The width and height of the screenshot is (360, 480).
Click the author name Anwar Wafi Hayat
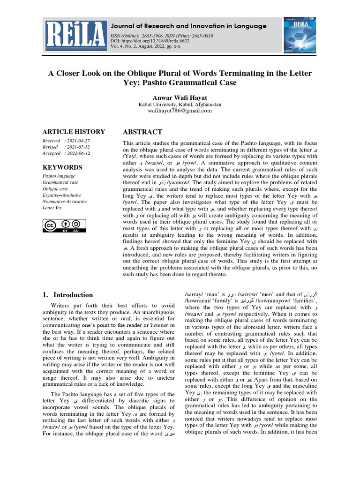pos(180,97)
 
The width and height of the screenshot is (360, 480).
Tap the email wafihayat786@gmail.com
pos(180,111)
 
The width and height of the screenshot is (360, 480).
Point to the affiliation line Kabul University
pos(180,105)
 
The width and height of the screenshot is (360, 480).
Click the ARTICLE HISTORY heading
pos(74,132)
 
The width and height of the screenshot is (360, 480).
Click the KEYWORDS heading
pos(62,167)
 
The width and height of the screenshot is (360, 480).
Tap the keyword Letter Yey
pos(52,208)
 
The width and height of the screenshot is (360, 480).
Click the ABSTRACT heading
pos(142,132)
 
